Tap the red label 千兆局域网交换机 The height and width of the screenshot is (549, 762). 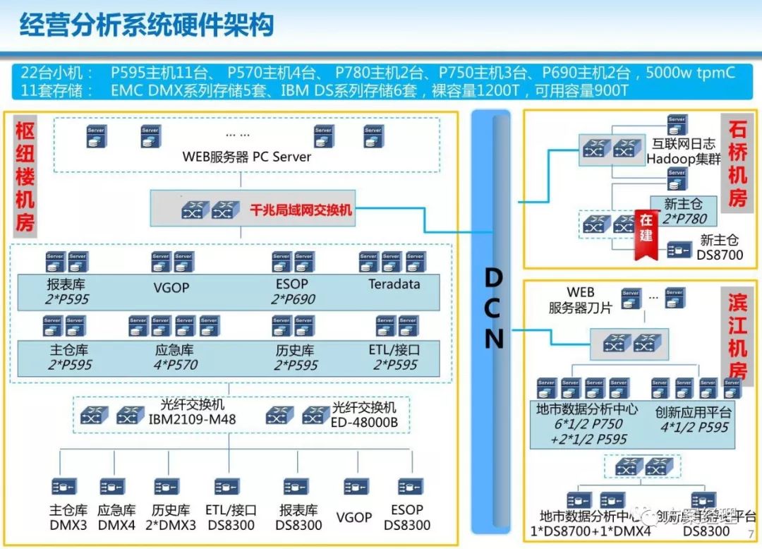pos(301,210)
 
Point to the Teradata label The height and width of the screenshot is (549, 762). pos(394,284)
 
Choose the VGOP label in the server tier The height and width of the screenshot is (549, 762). pos(171,288)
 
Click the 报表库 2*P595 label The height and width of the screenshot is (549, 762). pos(68,291)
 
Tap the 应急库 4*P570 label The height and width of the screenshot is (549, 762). pos(174,357)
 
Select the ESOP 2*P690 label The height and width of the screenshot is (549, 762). pos(292,291)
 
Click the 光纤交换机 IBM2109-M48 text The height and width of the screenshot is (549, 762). pos(192,412)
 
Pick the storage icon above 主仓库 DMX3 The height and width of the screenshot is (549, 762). pos(64,486)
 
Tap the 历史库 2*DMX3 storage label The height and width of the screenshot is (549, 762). pos(170,517)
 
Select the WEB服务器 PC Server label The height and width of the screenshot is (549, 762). pos(246,157)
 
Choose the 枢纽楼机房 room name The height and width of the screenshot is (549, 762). pos(25,176)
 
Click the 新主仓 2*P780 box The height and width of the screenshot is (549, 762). pos(679,210)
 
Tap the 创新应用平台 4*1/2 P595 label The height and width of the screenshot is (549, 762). pos(693,419)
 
